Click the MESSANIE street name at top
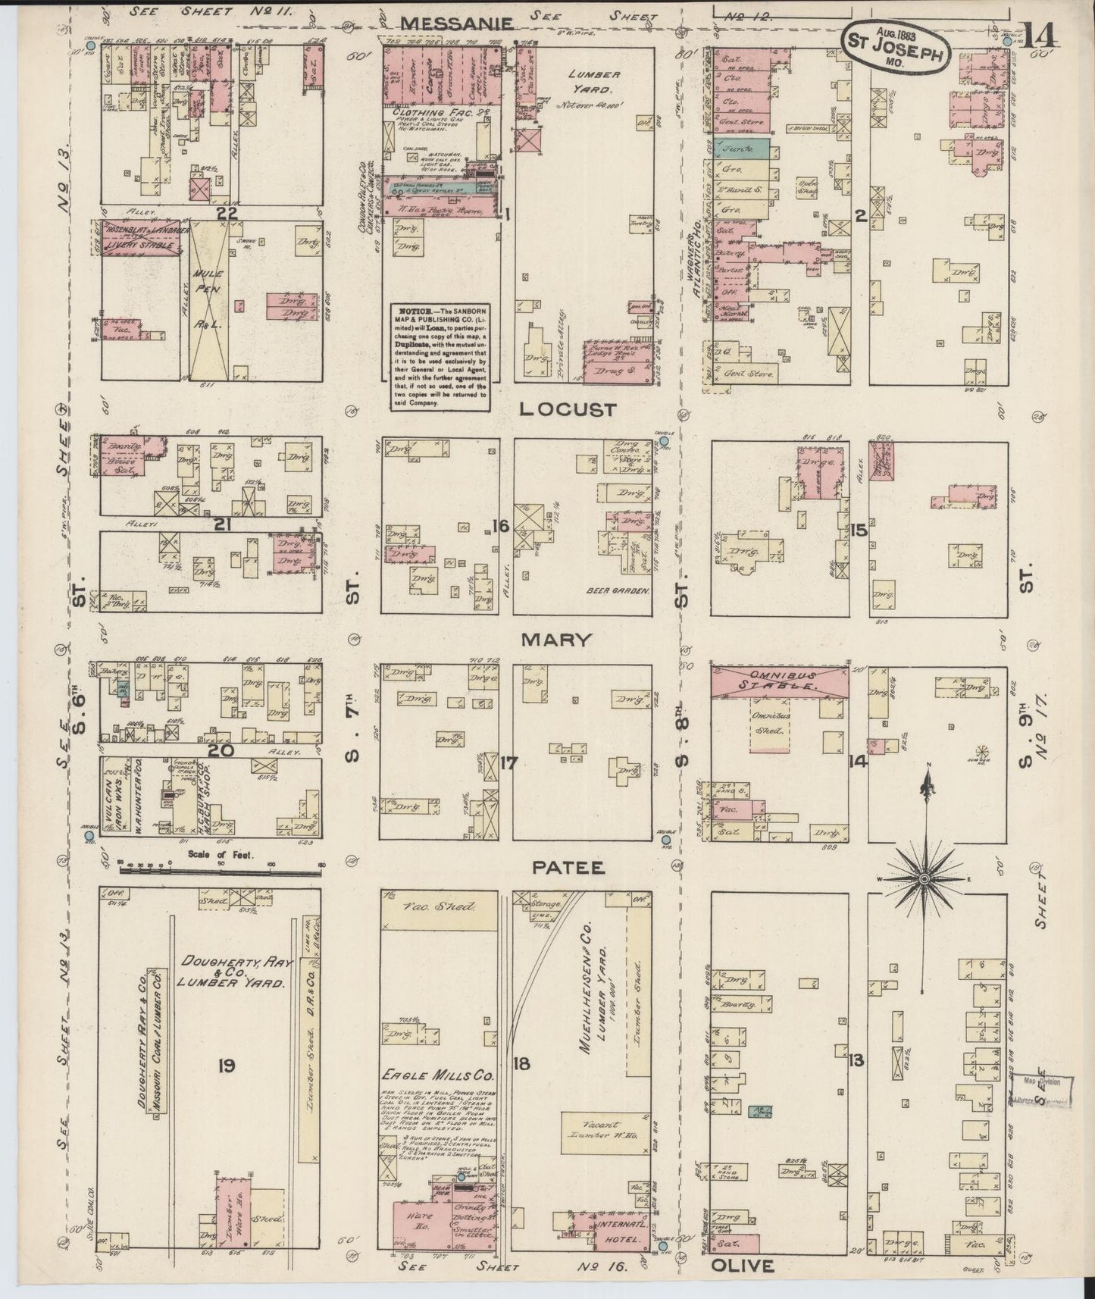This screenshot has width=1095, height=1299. click(457, 23)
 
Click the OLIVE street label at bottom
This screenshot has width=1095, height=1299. click(742, 1266)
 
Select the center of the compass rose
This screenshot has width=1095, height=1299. click(924, 879)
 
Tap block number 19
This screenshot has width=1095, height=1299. click(225, 1066)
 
